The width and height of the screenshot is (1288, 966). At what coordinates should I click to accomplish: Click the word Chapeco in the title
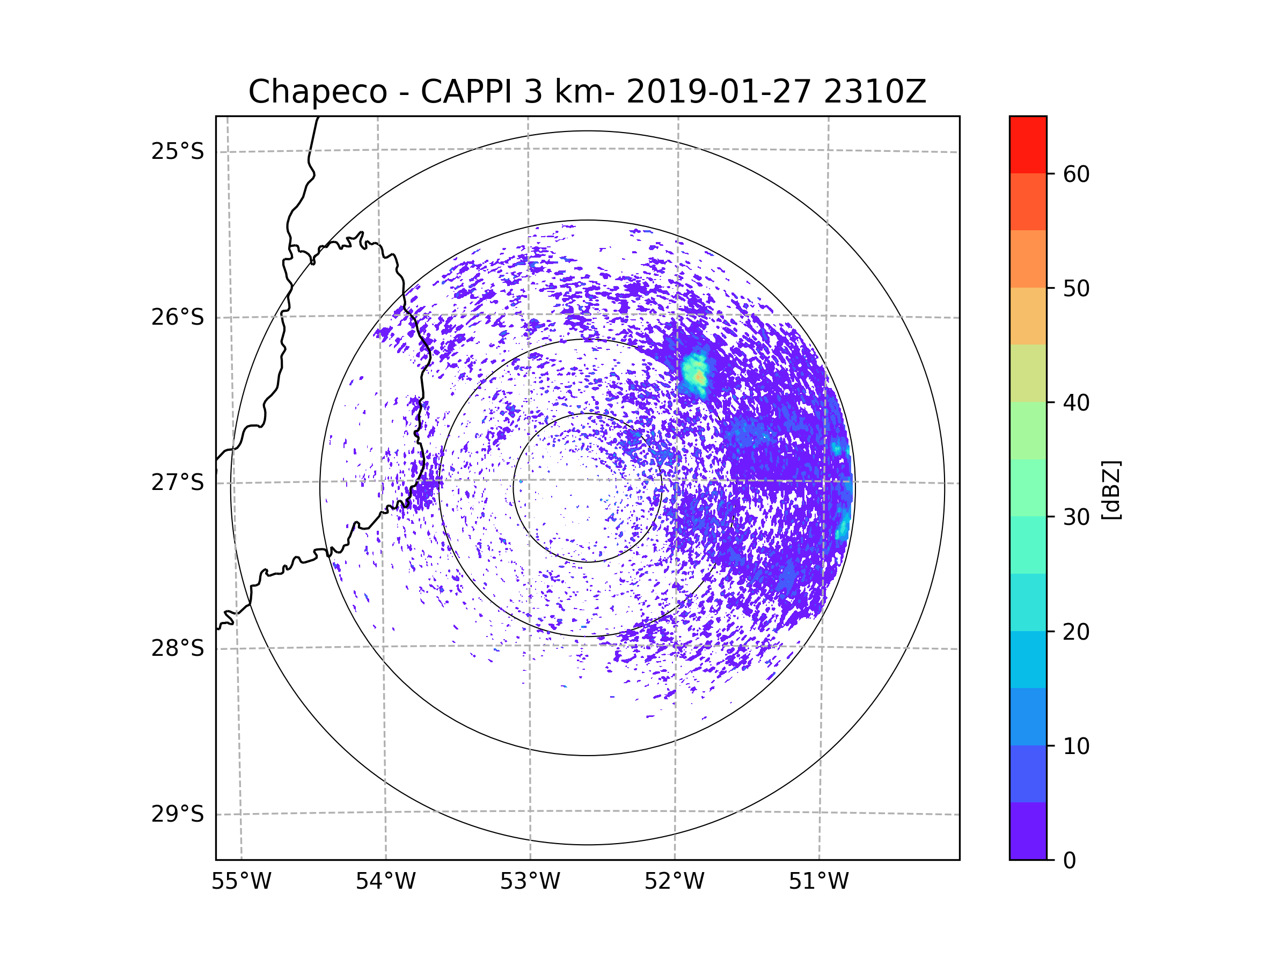click(x=317, y=92)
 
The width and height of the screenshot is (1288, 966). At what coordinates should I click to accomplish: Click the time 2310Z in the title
click(x=874, y=92)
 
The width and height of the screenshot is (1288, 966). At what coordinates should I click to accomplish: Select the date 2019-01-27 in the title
click(x=719, y=92)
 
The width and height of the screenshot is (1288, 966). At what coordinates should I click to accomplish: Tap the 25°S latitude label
click(x=178, y=151)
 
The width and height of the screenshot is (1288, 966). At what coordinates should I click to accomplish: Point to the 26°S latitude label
click(x=178, y=317)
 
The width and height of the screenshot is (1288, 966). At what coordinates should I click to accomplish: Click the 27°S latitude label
click(x=178, y=482)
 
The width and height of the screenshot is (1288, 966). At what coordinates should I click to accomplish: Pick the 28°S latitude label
click(x=178, y=648)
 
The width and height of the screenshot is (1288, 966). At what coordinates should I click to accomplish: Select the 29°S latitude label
click(x=178, y=814)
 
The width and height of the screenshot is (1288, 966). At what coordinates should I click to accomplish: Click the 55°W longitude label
click(x=241, y=882)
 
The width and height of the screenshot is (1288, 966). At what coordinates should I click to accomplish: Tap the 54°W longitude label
click(x=385, y=882)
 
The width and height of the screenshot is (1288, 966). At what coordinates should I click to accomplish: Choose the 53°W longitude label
click(x=530, y=882)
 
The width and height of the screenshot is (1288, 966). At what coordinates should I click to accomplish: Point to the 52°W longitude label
click(x=674, y=882)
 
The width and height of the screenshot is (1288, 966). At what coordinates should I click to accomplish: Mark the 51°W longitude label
click(x=818, y=882)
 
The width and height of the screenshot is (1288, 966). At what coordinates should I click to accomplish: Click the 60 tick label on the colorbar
click(x=1076, y=174)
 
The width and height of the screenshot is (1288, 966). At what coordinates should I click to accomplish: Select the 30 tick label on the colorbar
click(x=1076, y=517)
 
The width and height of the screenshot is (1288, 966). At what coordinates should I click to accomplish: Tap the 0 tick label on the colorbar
click(x=1070, y=861)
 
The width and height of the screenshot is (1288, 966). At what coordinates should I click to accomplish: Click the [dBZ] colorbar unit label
click(x=1111, y=489)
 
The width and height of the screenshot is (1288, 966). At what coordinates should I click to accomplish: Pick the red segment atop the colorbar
click(x=1028, y=144)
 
